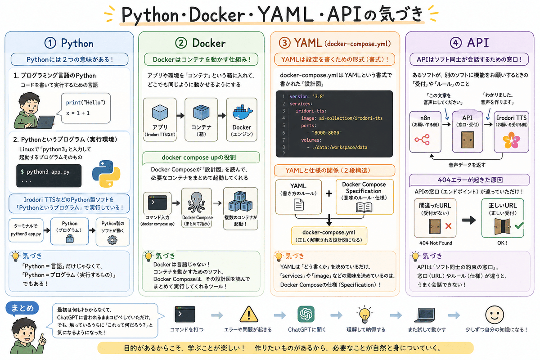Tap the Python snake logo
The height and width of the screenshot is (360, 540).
click(x=106, y=174)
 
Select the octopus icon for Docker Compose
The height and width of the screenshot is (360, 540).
click(x=197, y=202)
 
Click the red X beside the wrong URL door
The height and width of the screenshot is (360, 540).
click(x=448, y=226)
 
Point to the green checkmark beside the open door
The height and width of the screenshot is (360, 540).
click(x=519, y=225)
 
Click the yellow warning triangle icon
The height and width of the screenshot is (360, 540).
click(x=249, y=315)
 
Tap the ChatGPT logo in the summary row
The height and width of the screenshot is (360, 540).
click(x=306, y=314)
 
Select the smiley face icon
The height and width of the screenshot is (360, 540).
click(x=495, y=315)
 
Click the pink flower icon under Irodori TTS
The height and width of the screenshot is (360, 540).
click(x=511, y=140)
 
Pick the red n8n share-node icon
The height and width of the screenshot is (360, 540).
click(x=422, y=139)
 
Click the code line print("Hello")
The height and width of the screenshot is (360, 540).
click(x=85, y=103)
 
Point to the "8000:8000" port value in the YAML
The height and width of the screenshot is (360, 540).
click(x=327, y=133)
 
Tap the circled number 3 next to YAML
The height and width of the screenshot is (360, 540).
click(x=285, y=43)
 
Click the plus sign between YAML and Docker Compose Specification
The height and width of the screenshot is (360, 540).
click(x=329, y=193)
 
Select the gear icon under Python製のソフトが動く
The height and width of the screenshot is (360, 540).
click(x=112, y=240)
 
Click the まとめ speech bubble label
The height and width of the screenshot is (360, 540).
click(x=22, y=308)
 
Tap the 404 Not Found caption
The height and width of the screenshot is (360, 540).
click(x=436, y=243)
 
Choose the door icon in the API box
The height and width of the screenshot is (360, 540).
click(x=468, y=140)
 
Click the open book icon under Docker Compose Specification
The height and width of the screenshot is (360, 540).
click(x=364, y=207)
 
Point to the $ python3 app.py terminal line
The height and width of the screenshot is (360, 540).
click(x=45, y=172)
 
